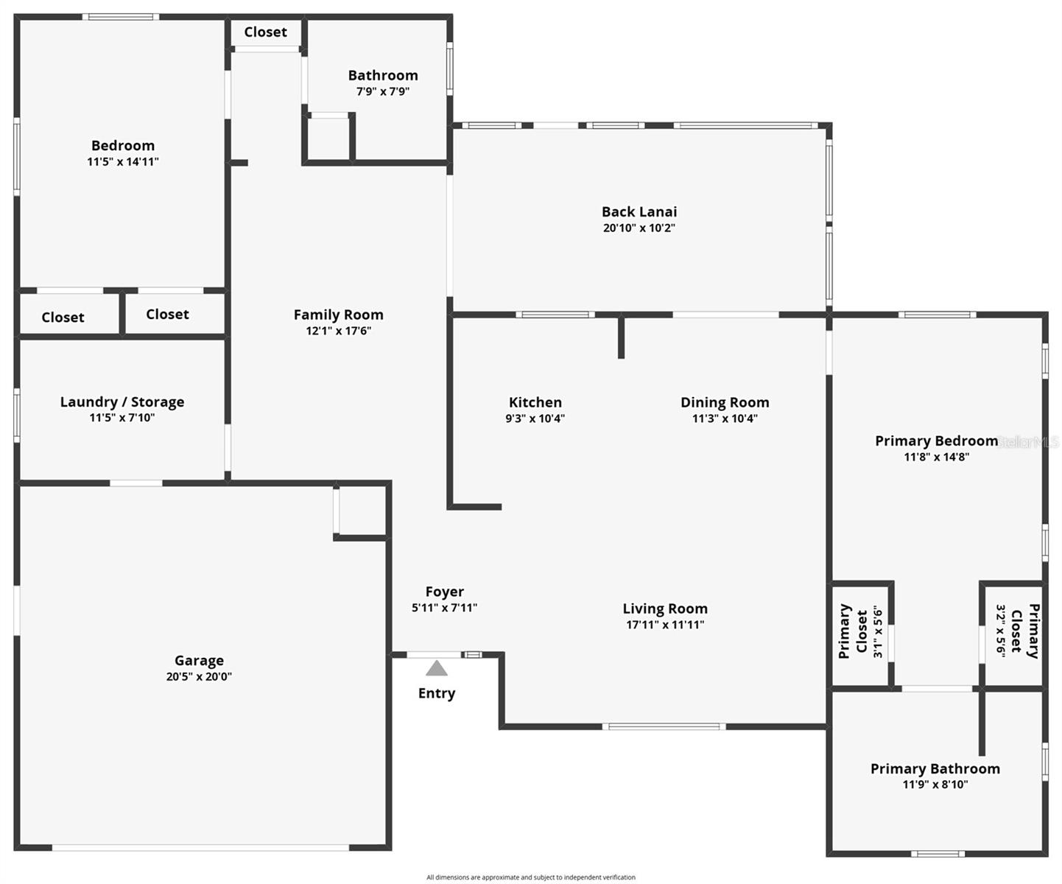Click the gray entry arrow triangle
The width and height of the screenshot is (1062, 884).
(x=437, y=669)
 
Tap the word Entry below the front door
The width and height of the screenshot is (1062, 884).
(x=437, y=693)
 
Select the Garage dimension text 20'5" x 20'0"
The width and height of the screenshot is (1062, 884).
(x=199, y=676)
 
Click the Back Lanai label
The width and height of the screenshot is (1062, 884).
(x=639, y=212)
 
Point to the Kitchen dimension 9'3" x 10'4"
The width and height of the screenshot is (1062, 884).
(x=535, y=418)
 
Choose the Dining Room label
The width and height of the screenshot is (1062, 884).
(x=725, y=402)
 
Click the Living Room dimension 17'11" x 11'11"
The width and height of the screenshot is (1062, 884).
(x=665, y=625)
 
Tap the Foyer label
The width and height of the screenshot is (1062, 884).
(x=444, y=592)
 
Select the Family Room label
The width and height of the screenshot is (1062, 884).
(x=338, y=315)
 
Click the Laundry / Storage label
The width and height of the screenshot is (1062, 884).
(x=122, y=401)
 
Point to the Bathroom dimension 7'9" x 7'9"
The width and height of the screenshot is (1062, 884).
(x=383, y=91)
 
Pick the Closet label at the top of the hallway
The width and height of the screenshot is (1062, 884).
(x=265, y=32)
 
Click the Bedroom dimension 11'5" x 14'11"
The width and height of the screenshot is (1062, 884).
(x=123, y=161)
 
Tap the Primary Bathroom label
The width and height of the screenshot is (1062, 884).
(x=935, y=768)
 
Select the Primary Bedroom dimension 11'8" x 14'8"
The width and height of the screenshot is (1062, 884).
(x=936, y=457)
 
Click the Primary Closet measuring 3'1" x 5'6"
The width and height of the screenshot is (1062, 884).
(x=861, y=632)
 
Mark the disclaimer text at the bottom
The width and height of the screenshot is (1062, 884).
(x=530, y=877)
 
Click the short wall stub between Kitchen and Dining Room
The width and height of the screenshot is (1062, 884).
(x=621, y=337)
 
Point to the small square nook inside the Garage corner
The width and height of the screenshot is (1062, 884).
(x=361, y=510)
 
